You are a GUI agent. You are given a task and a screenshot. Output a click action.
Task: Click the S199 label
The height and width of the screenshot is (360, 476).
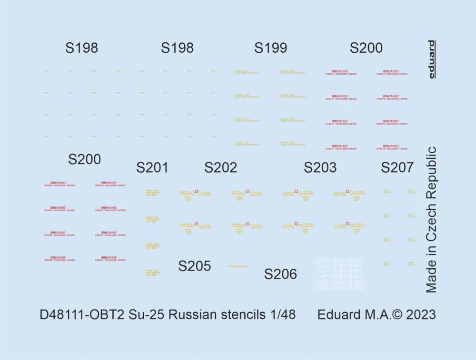[x=270, y=48]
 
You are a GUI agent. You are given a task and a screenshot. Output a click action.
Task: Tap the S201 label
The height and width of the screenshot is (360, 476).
[x=152, y=168]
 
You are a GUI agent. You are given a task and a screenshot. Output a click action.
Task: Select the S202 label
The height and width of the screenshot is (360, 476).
[x=220, y=168]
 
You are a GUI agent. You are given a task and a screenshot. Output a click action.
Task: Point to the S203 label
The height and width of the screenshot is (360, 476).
[x=320, y=168]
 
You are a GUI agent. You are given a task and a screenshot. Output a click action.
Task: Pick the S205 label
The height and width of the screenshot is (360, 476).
[x=194, y=266]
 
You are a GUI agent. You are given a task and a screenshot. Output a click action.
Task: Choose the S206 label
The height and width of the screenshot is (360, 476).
[x=280, y=274]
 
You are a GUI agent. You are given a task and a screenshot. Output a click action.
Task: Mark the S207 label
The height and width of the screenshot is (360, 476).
[x=397, y=168]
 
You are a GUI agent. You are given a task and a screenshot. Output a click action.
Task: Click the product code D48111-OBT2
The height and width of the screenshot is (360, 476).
[x=84, y=315]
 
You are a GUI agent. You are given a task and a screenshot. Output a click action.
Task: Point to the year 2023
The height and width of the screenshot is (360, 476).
[x=420, y=315]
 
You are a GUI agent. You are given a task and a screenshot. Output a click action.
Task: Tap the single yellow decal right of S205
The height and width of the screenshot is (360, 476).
[x=238, y=266]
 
